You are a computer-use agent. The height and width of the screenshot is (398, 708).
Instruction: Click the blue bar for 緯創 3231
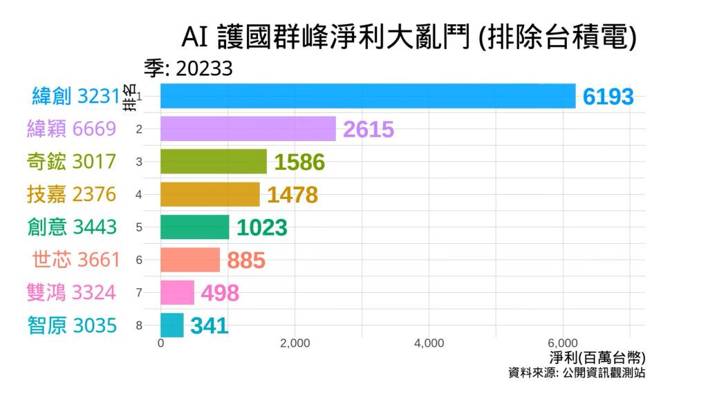(x=368, y=96)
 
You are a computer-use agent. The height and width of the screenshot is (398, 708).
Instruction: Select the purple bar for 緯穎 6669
(x=248, y=129)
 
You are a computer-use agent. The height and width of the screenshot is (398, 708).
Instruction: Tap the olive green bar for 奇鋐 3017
(x=214, y=161)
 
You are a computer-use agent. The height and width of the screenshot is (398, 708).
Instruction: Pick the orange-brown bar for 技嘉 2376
(x=210, y=194)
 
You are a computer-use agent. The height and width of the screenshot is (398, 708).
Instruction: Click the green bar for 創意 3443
(x=195, y=227)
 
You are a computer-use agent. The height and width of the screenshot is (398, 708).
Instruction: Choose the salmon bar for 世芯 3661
(x=190, y=260)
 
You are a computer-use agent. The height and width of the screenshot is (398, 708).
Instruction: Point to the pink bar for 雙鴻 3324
(x=178, y=292)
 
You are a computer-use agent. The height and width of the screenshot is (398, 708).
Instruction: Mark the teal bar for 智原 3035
(x=172, y=325)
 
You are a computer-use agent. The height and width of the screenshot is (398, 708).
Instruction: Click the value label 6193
(x=608, y=97)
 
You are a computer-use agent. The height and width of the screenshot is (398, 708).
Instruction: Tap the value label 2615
(x=369, y=130)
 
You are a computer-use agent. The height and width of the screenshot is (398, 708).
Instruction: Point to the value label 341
(x=209, y=326)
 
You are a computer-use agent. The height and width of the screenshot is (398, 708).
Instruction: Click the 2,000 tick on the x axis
(x=295, y=343)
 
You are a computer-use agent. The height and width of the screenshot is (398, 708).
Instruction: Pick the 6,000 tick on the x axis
(x=562, y=343)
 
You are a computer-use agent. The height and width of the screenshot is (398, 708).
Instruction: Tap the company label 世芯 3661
(x=76, y=260)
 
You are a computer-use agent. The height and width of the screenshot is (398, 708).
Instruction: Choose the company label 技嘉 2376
(x=71, y=194)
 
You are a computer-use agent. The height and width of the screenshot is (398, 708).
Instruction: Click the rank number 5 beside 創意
(x=139, y=227)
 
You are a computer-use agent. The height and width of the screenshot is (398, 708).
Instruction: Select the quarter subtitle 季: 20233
(x=187, y=68)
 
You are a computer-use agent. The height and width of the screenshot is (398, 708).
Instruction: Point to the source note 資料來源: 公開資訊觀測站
(x=577, y=373)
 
